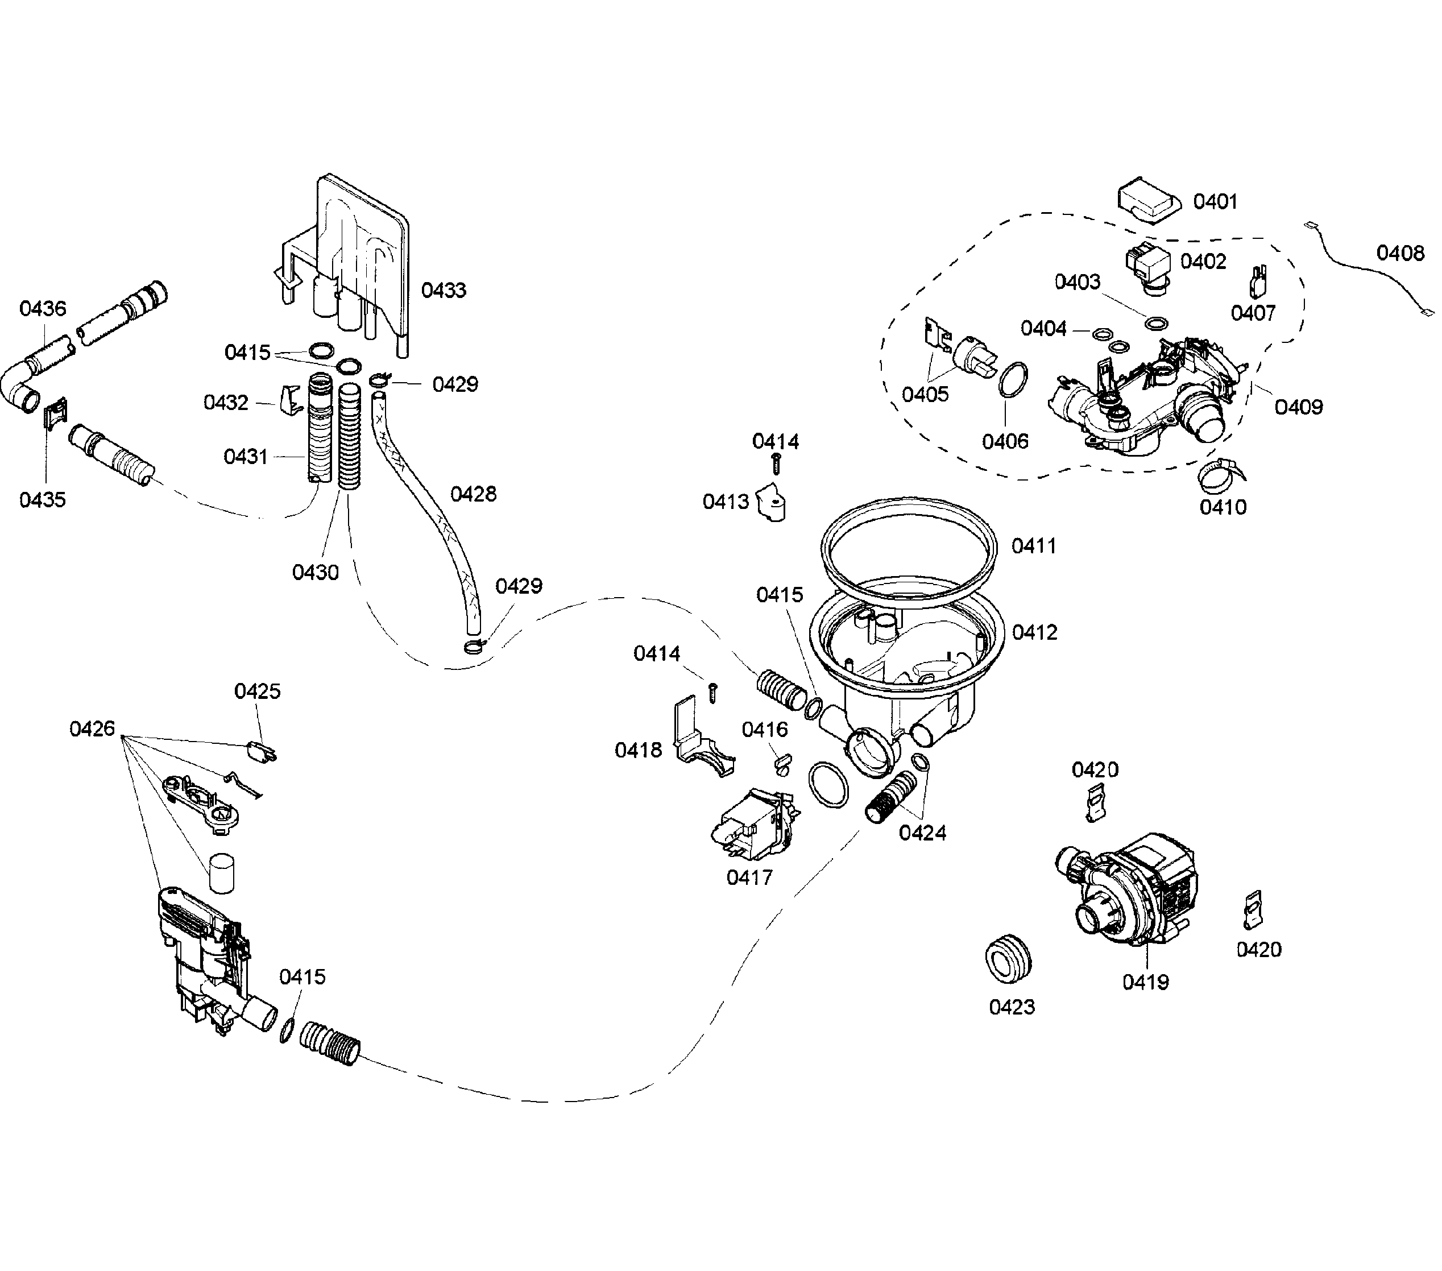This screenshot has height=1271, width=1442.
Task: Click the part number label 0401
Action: [x=1216, y=202]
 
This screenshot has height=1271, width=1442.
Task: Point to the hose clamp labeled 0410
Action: [x=1219, y=475]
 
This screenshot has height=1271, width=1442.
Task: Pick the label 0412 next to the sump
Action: [x=1035, y=632]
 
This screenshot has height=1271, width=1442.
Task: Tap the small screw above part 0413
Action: [x=776, y=463]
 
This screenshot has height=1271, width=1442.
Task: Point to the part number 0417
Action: [x=749, y=877]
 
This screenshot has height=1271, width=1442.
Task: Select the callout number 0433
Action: [x=444, y=290]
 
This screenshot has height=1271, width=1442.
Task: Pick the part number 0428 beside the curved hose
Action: [x=474, y=494]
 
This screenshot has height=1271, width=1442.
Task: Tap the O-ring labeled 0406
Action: [x=1013, y=381]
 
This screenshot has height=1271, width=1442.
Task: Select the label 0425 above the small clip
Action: [x=258, y=691]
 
